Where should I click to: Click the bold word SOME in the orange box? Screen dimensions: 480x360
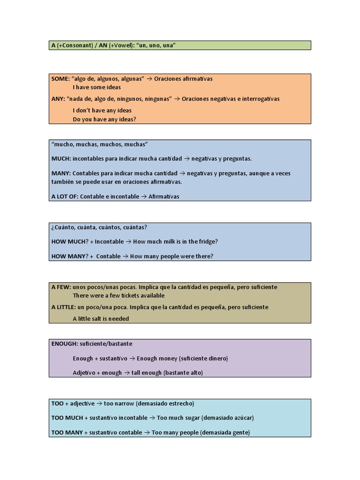click(60, 79)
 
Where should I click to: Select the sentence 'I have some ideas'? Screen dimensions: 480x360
click(97, 87)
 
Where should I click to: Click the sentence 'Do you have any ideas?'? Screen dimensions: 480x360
click(105, 120)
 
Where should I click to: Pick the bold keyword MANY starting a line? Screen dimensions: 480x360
click(61, 173)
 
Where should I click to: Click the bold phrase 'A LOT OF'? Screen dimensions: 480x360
click(64, 197)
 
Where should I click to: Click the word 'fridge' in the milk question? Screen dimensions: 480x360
click(206, 242)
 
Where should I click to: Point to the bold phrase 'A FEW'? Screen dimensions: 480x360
click(61, 287)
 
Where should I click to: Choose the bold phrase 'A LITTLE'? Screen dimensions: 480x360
click(63, 307)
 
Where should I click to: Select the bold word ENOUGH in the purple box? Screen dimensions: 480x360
click(65, 344)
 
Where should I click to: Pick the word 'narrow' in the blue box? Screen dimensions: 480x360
click(124, 404)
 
